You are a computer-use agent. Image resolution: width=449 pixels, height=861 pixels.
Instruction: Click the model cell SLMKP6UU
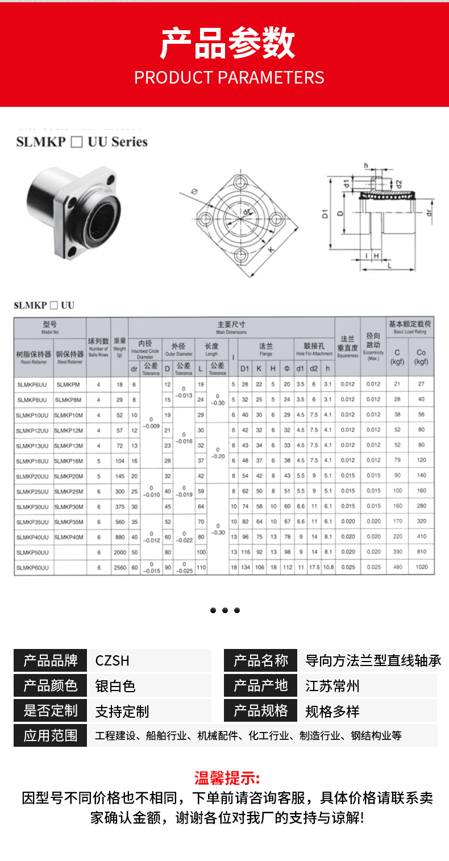32,384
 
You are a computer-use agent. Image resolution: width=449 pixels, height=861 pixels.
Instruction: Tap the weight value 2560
119,567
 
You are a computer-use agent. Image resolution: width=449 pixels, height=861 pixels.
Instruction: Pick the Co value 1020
421,567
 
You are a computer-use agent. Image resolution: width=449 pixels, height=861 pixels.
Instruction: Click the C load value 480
397,567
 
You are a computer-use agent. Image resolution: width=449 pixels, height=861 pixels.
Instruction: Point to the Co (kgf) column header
421,357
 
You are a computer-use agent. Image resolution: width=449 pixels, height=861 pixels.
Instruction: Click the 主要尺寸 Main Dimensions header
231,327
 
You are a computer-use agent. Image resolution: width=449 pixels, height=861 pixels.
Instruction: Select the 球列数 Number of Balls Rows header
98,347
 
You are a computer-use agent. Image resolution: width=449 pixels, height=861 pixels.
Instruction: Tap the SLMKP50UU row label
32,552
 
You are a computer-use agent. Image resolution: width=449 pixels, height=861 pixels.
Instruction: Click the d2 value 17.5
314,567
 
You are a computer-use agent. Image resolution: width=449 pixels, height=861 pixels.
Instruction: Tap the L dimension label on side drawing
389,265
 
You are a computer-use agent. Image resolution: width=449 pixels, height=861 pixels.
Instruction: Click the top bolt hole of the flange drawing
237,182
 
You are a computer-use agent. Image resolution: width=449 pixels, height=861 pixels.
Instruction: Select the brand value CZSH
113,660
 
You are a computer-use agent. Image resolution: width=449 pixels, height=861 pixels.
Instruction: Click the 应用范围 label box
51,735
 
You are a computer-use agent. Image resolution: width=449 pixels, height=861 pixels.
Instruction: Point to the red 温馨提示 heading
227,777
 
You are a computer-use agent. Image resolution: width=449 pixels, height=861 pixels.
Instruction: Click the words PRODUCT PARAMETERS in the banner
229,77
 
